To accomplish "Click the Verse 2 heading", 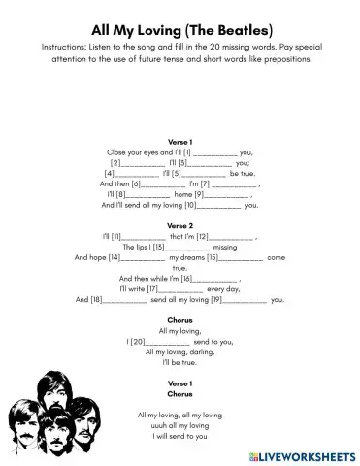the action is (x=180, y=225).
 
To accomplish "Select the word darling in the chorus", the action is (x=200, y=351).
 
